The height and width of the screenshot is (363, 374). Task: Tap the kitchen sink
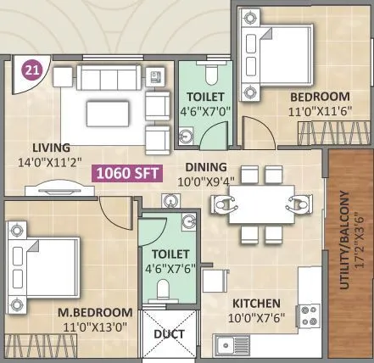click(x=231, y=345)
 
